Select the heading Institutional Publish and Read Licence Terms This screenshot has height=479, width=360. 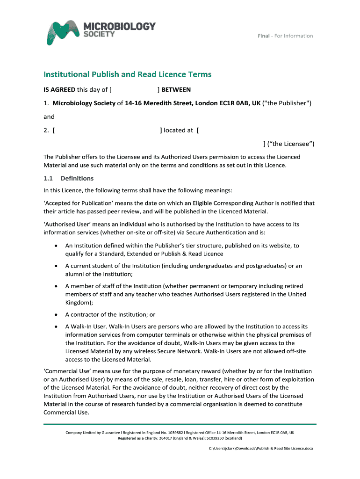pos(127,74)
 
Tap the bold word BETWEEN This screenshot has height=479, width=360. pos(176,90)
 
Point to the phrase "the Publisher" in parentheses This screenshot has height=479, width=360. pos(288,103)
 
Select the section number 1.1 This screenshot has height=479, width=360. pos(49,178)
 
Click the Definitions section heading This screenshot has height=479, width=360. pos(77,178)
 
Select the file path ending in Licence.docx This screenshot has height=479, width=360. pos(260,448)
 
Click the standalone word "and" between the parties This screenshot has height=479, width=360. pos(49,116)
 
